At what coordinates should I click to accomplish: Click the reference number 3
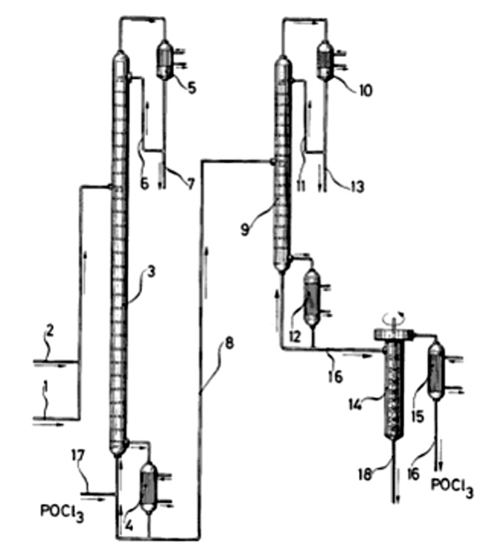click(150, 273)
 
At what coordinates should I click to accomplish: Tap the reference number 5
click(192, 88)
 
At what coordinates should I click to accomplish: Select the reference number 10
click(365, 90)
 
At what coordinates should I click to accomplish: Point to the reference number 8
click(229, 344)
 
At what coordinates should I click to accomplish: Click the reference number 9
click(245, 229)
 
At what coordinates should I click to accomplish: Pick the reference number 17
click(77, 455)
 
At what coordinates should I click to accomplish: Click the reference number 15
click(417, 417)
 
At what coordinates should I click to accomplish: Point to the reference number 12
click(294, 336)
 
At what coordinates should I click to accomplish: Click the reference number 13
click(357, 185)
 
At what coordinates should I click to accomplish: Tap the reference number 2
click(49, 331)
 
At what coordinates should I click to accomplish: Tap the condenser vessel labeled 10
click(325, 61)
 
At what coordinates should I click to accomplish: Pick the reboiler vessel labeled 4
click(148, 487)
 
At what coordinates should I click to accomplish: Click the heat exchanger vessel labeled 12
click(312, 298)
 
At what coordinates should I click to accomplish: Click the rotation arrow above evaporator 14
click(394, 316)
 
